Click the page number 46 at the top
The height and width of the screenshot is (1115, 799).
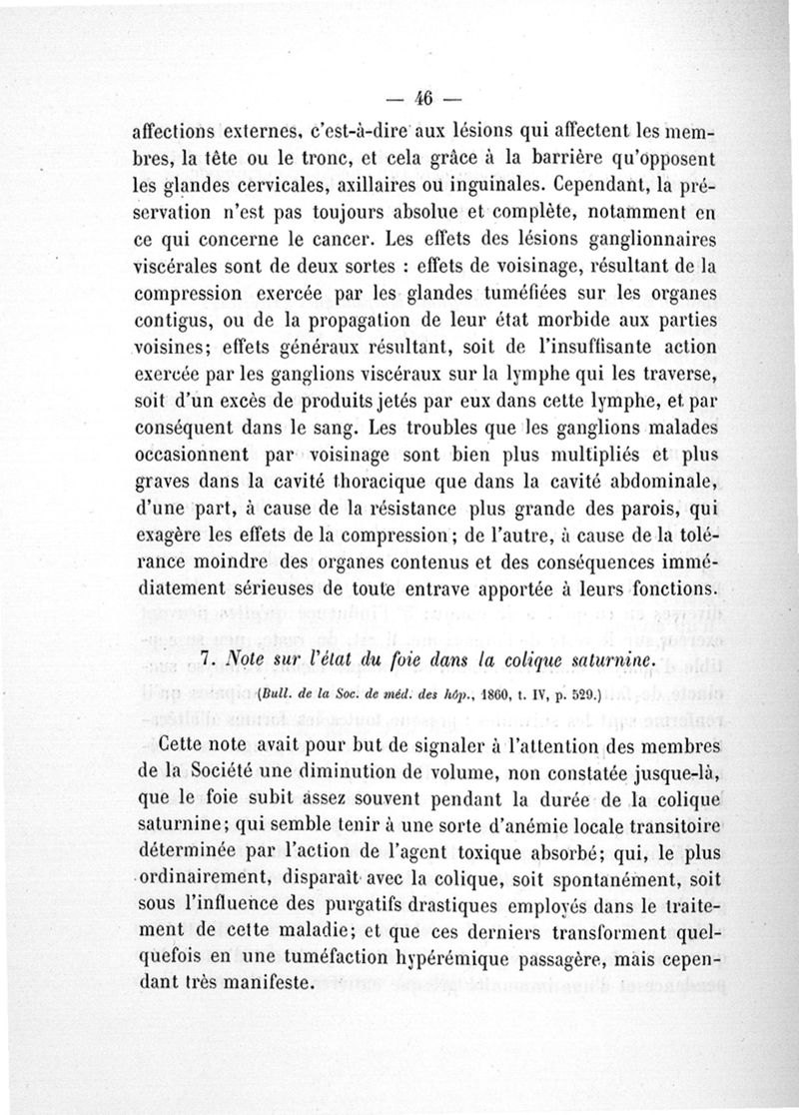coord(419,99)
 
